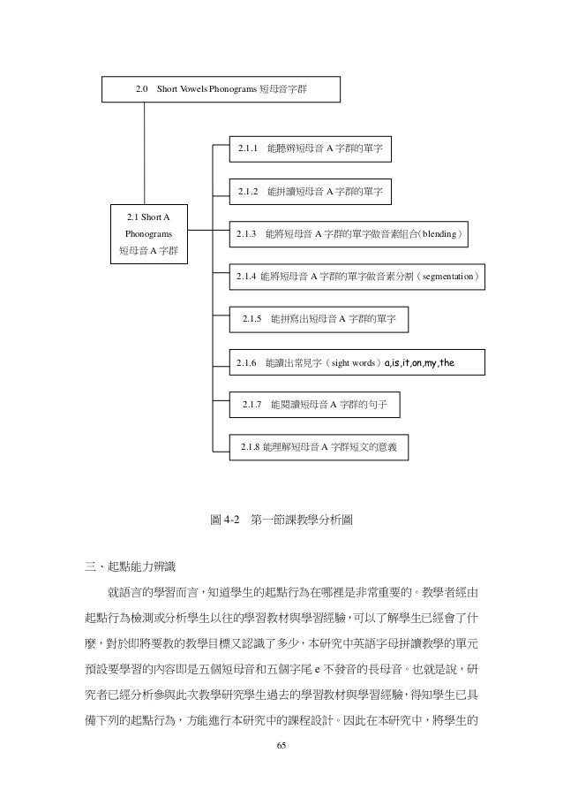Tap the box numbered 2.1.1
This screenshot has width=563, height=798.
[310, 149]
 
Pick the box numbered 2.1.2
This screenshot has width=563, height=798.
[311, 191]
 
